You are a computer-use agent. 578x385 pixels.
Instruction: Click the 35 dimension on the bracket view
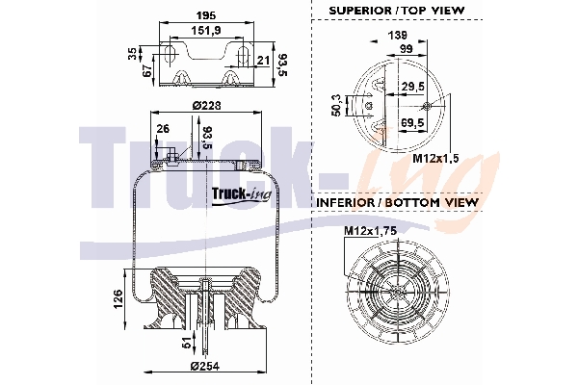(x=133, y=55)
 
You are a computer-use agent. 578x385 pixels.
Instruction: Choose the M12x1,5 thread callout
(x=436, y=159)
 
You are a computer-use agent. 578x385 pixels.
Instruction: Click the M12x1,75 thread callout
(x=370, y=232)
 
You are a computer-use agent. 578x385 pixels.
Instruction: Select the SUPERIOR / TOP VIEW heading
(x=396, y=11)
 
